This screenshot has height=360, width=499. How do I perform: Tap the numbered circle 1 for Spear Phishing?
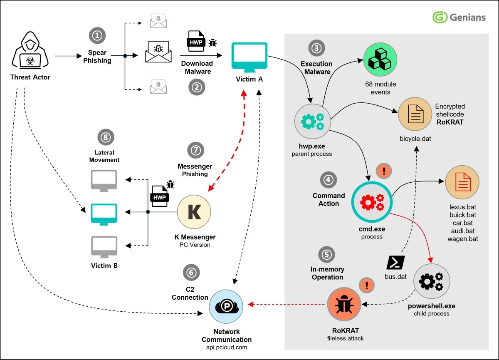point(97,36)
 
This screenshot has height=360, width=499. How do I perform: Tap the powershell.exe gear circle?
point(431,282)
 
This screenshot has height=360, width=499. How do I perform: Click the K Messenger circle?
point(194,212)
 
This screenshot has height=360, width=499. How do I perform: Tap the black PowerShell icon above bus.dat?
point(395,262)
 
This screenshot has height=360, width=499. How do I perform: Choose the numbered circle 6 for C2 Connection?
point(191,273)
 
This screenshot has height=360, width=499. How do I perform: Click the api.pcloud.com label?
point(227,347)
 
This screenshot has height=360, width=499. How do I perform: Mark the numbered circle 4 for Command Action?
point(329,180)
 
